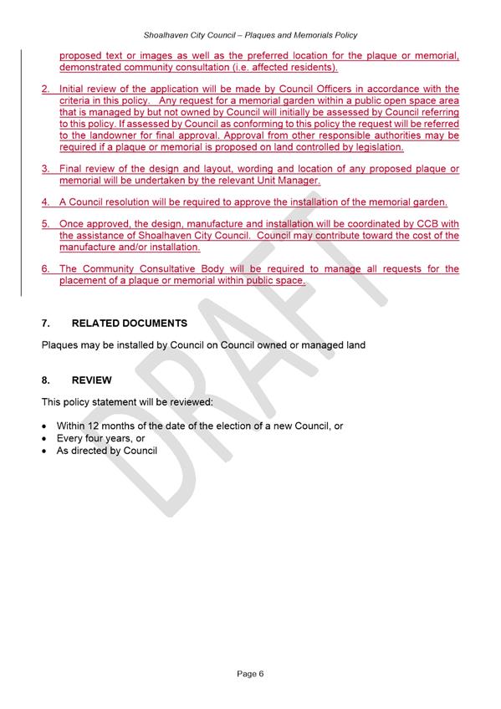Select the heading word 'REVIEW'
point(92,380)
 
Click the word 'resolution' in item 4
point(141,202)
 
